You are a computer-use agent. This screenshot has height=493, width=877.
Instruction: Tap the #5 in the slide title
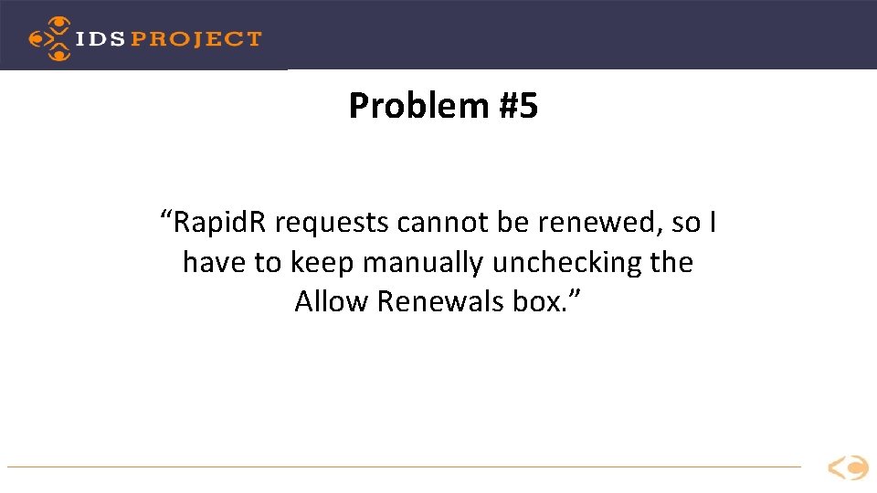[x=518, y=107]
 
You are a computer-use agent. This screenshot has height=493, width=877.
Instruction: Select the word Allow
[x=332, y=301]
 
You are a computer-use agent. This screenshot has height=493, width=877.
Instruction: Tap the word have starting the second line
[x=216, y=263]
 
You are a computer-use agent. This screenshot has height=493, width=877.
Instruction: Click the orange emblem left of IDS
[x=49, y=38]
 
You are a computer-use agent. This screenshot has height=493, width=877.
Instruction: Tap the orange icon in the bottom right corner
[x=848, y=468]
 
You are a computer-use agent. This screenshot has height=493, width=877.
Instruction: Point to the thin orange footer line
[x=402, y=467]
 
